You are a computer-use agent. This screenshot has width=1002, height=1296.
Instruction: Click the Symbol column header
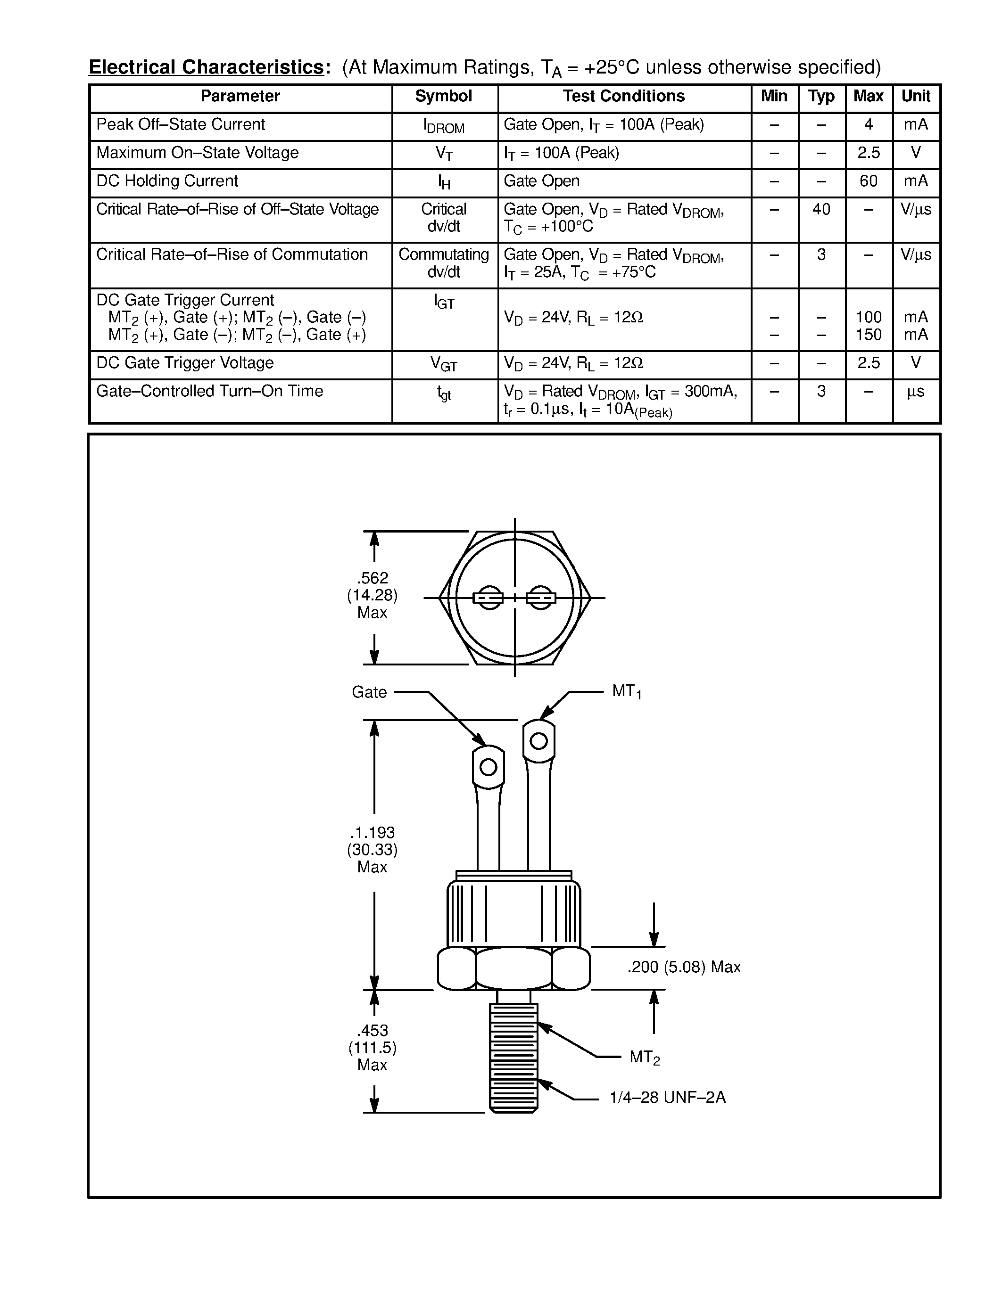(443, 97)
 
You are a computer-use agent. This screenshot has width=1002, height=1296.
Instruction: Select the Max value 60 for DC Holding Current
(869, 181)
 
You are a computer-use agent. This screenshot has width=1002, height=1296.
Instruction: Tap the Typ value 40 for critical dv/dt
(821, 209)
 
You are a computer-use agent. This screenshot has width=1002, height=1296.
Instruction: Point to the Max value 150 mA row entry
(869, 335)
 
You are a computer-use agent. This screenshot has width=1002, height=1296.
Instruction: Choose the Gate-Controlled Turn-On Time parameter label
(209, 391)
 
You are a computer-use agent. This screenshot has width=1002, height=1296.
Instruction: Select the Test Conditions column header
(623, 97)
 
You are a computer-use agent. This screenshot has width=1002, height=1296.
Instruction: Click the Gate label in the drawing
(369, 692)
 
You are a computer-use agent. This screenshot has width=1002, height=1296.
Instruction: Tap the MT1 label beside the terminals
(626, 691)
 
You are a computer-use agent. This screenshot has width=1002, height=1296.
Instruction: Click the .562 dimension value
(372, 578)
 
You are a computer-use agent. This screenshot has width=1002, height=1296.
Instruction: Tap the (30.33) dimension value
(372, 850)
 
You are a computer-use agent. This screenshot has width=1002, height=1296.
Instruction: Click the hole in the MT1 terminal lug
(538, 740)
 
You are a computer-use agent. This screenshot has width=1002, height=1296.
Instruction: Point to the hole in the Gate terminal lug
(488, 767)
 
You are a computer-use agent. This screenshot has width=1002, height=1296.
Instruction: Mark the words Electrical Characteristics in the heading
(206, 67)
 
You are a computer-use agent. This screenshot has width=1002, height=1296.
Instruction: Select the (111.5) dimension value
(372, 1047)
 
